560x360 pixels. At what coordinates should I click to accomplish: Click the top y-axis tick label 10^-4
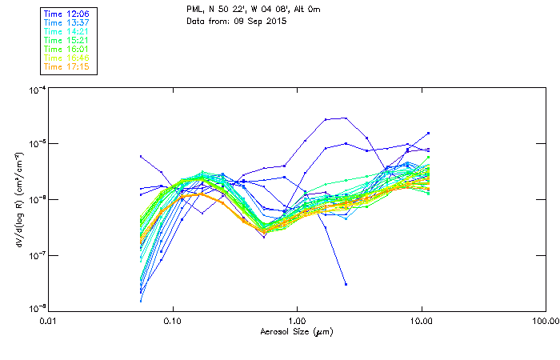(37, 89)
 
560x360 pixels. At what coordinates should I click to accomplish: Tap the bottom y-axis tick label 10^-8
(37, 309)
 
